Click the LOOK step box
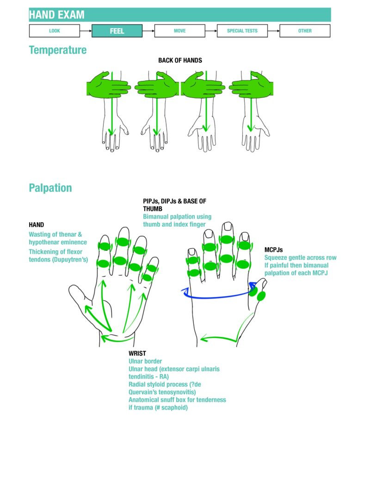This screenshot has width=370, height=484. [55, 31]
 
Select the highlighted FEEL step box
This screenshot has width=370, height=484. [117, 31]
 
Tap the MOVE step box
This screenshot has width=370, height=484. [180, 31]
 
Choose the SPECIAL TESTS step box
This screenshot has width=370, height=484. [242, 31]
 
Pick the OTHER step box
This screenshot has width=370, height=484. [305, 31]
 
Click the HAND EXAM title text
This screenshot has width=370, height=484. [57, 15]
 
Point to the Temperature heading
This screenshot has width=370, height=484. [58, 50]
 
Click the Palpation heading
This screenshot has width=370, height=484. [50, 188]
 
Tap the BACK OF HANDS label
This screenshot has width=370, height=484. [180, 61]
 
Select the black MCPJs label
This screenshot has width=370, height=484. [274, 250]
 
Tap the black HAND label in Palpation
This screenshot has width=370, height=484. [37, 225]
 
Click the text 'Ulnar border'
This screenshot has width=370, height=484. [145, 361]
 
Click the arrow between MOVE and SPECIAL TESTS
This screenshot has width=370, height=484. [211, 31]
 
